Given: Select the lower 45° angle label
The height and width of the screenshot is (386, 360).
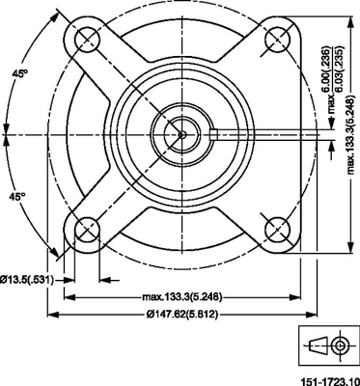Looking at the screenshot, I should pyautogui.click(x=16, y=196).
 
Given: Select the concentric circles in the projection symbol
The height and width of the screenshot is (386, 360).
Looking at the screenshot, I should pyautogui.click(x=338, y=345).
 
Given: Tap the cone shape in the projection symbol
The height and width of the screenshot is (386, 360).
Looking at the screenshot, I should pyautogui.click(x=317, y=345).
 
